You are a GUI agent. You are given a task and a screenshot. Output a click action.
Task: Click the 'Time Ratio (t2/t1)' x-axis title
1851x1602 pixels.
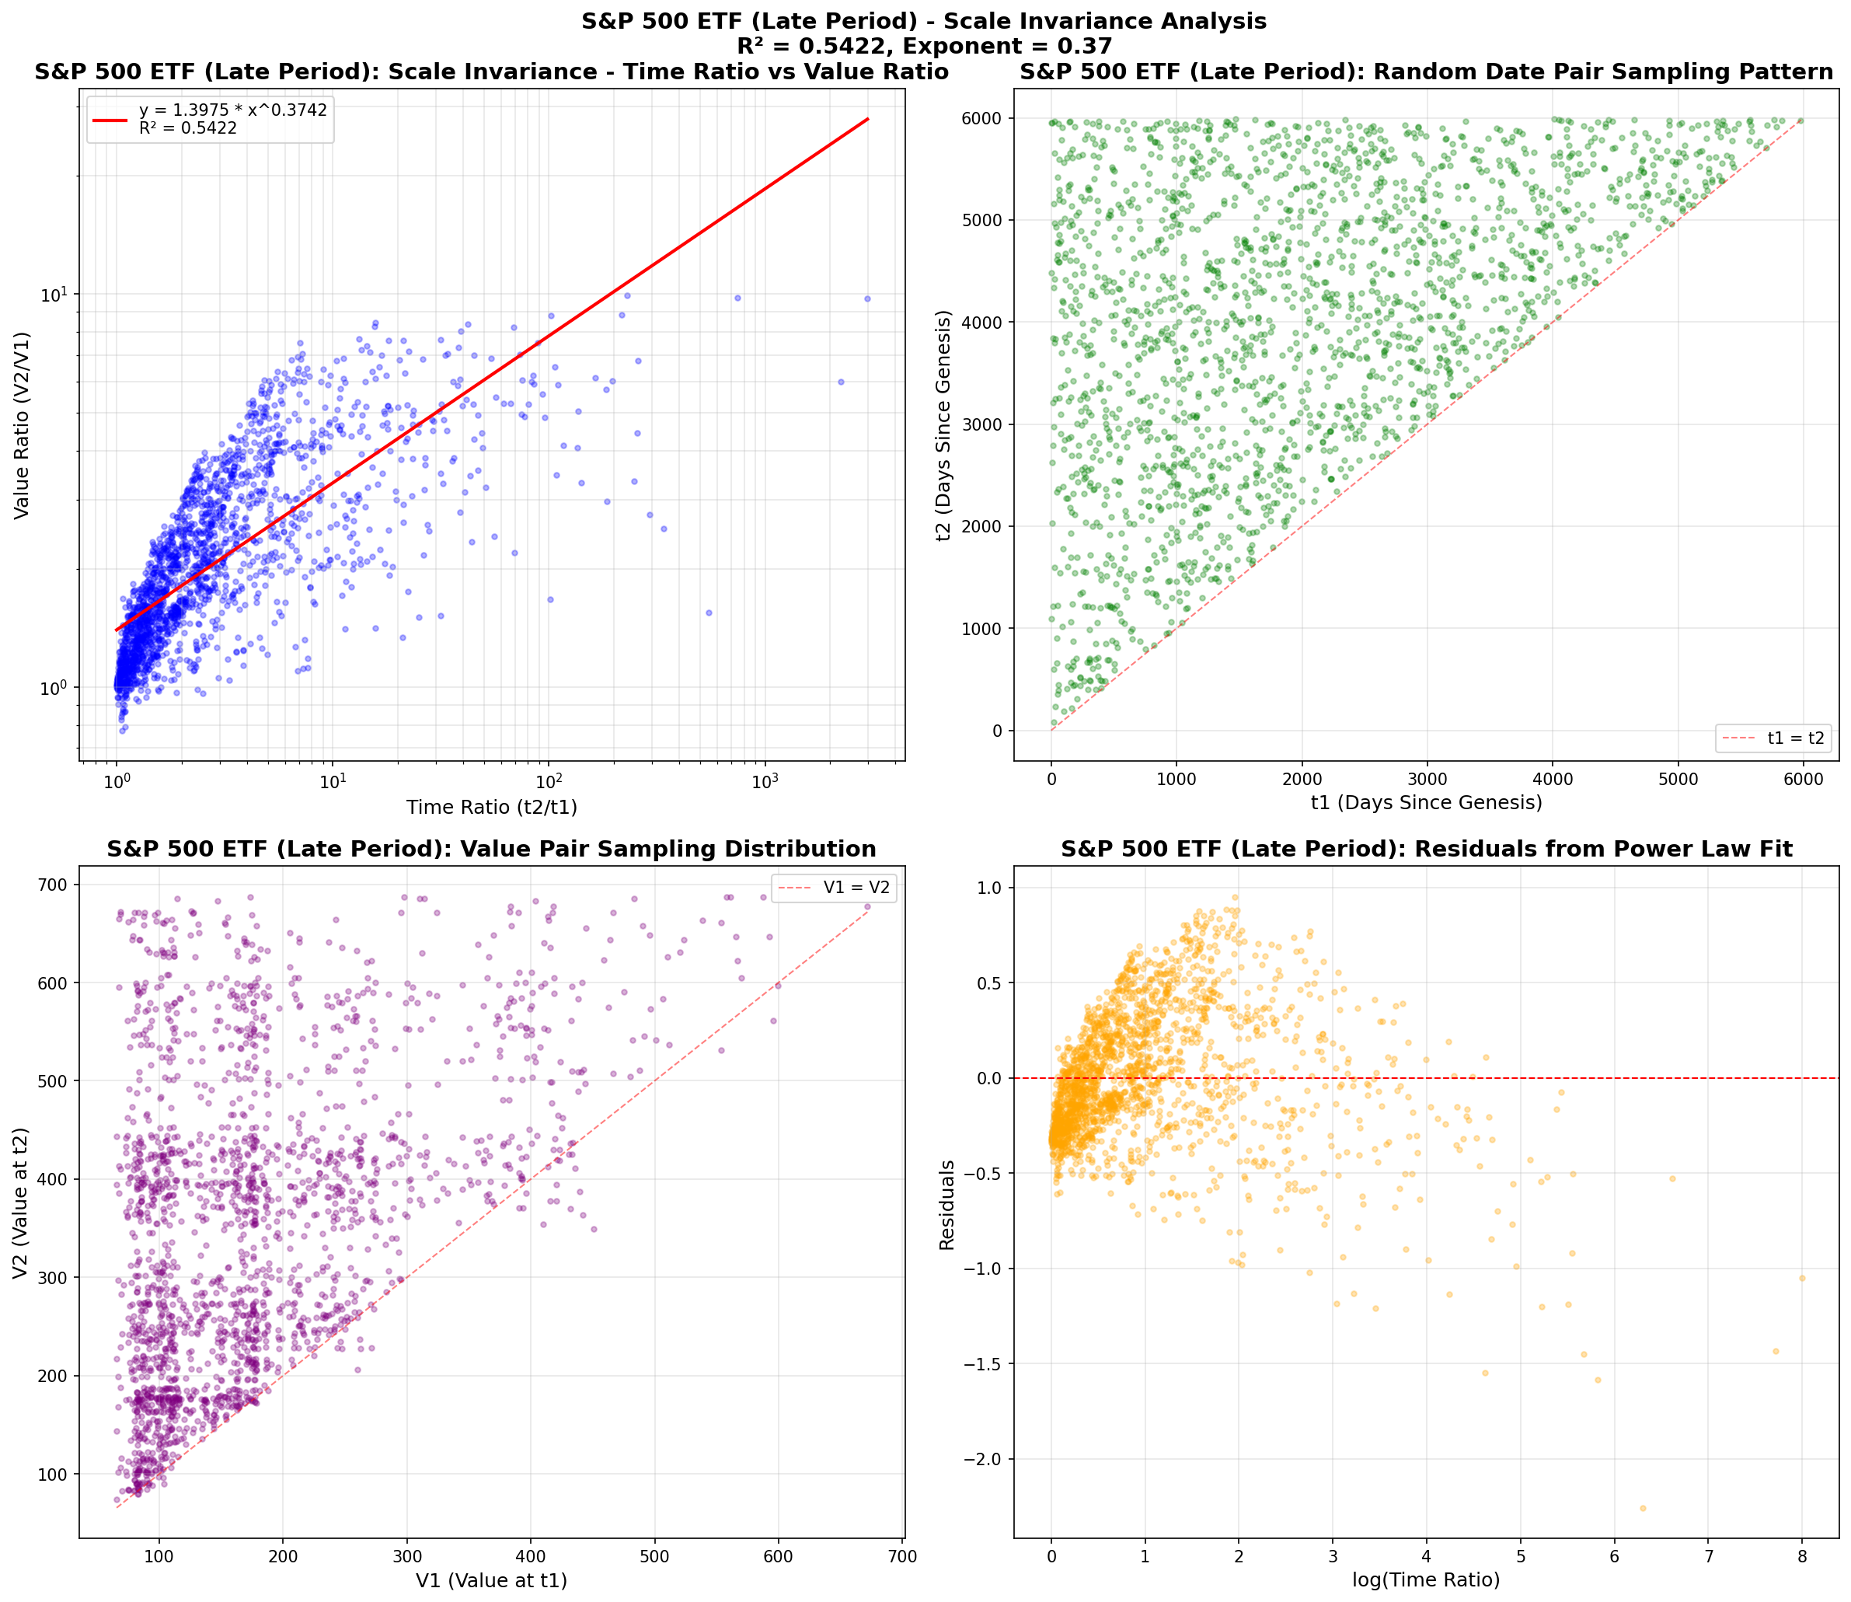tap(492, 808)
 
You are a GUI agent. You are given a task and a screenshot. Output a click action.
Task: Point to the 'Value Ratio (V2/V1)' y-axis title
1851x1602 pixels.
tap(22, 425)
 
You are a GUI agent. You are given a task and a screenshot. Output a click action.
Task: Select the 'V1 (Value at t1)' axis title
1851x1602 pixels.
tap(492, 1580)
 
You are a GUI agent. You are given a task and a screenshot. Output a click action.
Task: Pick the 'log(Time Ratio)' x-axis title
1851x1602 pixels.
tap(1426, 1579)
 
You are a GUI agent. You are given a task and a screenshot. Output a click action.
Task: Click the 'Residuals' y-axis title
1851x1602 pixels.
tap(947, 1204)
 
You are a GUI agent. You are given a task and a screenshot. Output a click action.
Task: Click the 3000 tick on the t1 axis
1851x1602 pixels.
tap(1427, 780)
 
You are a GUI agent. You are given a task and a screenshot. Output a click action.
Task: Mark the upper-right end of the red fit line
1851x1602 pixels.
tap(868, 119)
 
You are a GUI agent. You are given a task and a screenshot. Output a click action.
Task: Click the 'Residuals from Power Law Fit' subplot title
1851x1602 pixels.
tap(1427, 850)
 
